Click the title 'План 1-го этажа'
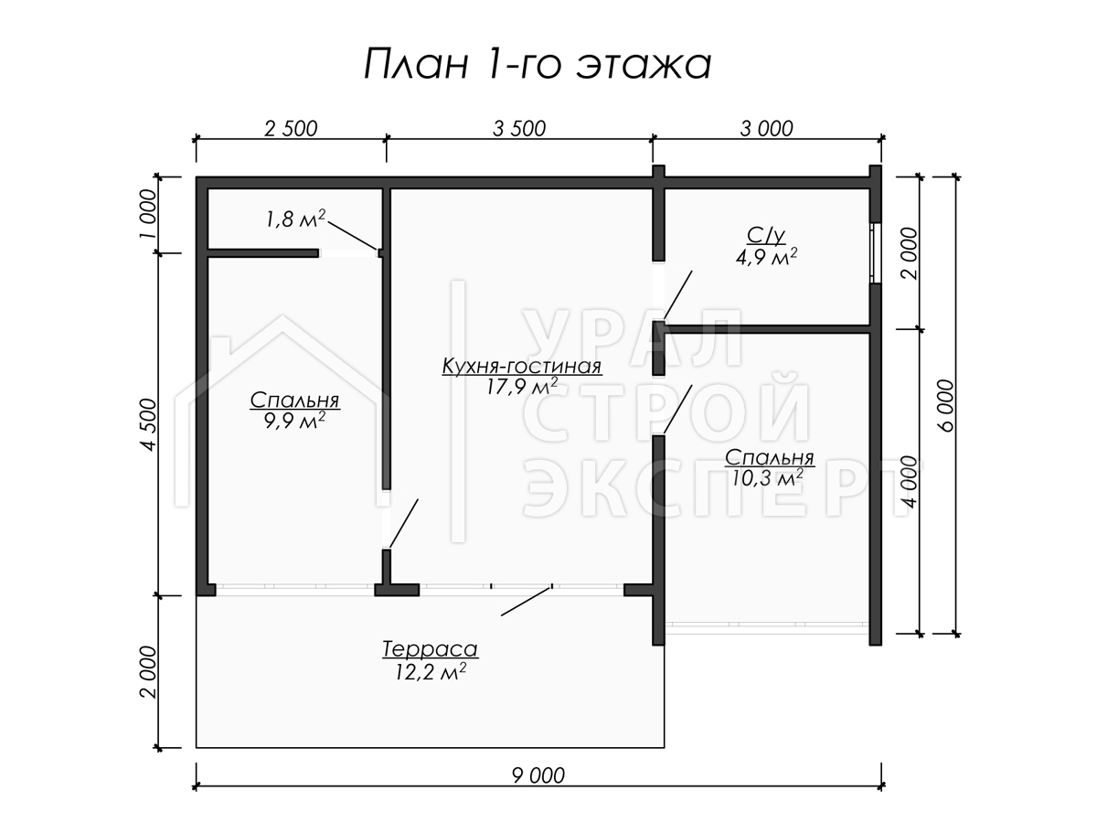[538, 64]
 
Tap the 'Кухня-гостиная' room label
[522, 367]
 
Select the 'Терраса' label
[431, 649]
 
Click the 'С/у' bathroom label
[766, 235]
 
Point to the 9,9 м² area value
[295, 422]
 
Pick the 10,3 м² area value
[768, 478]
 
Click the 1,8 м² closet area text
[295, 219]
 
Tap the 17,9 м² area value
[522, 387]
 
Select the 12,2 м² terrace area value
[431, 671]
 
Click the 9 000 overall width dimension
[538, 775]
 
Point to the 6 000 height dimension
[946, 405]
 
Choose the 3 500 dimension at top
[519, 129]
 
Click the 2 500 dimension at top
[291, 129]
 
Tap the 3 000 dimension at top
[767, 129]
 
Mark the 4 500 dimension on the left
[149, 424]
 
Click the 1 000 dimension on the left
[149, 214]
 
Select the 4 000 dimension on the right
[911, 482]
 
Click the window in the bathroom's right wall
[875, 252]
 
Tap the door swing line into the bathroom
[677, 295]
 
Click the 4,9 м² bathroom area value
[766, 257]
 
